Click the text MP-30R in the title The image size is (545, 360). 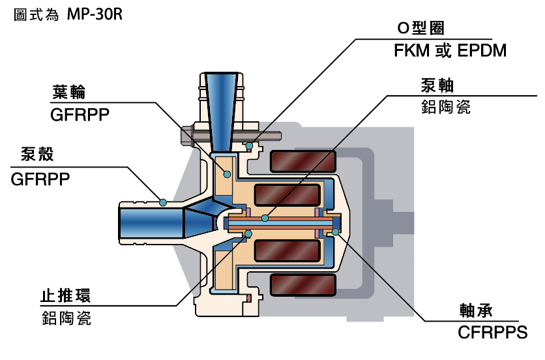[95, 14]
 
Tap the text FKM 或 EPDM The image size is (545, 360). [450, 50]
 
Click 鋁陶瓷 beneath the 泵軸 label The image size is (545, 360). [447, 107]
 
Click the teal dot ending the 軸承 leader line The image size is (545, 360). [336, 232]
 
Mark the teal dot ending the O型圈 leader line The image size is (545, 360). [250, 145]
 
